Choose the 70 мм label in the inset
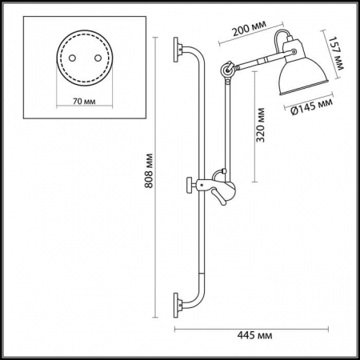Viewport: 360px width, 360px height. (x=80, y=102)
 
